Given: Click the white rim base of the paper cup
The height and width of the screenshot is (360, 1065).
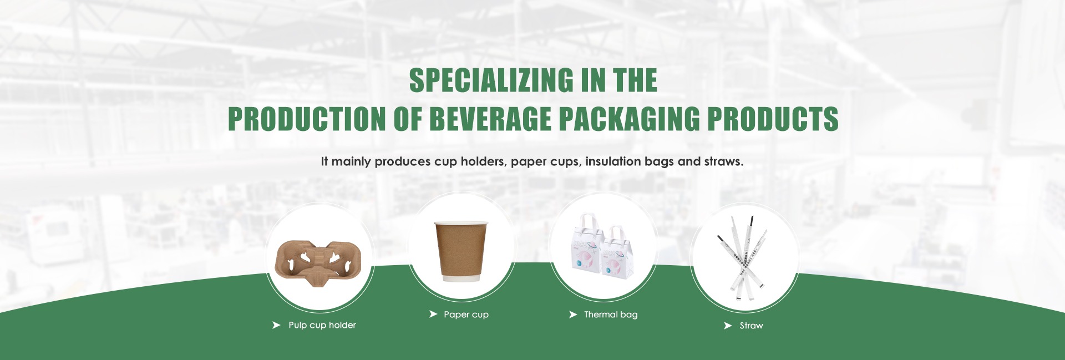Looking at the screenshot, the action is (461, 278).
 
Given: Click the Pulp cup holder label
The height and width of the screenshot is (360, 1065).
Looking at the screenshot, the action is (322, 325).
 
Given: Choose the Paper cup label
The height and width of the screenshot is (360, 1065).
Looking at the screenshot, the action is (466, 315).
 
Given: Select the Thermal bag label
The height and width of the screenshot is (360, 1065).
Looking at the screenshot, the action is (611, 315).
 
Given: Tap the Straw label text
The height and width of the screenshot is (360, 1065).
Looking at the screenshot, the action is (751, 326).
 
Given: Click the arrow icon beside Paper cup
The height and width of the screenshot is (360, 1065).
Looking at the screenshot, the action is (433, 314).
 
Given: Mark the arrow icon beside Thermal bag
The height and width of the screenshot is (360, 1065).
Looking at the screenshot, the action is (573, 315).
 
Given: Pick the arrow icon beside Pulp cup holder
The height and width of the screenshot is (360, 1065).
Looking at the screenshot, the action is (276, 325).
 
